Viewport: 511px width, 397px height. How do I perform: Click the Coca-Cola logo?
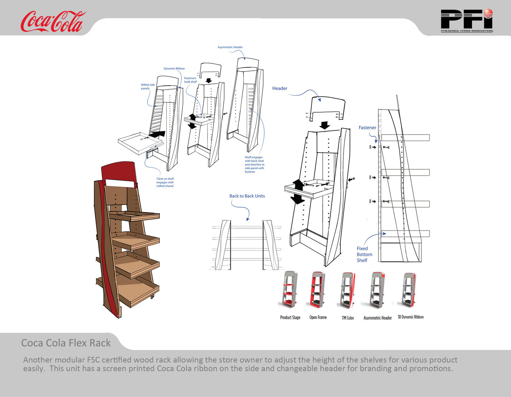52,22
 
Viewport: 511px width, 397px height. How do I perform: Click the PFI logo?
466,20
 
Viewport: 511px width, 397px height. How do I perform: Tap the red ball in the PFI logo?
488,14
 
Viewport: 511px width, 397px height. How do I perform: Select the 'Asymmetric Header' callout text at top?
230,47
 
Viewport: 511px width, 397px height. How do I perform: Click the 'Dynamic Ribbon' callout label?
174,69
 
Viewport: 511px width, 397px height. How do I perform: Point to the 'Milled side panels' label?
147,86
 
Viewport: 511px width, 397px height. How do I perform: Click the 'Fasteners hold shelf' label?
190,80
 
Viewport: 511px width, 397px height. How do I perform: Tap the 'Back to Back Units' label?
247,196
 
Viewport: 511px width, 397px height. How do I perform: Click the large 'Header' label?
280,88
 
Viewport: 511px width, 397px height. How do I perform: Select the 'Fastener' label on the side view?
367,128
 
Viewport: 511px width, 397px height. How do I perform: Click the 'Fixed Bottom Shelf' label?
364,254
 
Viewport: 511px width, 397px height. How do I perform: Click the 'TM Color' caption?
348,318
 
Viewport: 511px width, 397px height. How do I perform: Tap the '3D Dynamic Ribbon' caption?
411,317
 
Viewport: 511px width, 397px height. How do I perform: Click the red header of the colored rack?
118,171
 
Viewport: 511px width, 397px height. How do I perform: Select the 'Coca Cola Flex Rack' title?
66,343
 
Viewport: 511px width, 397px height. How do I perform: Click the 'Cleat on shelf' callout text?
165,182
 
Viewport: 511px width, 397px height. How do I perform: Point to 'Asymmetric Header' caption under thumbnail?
377,318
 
